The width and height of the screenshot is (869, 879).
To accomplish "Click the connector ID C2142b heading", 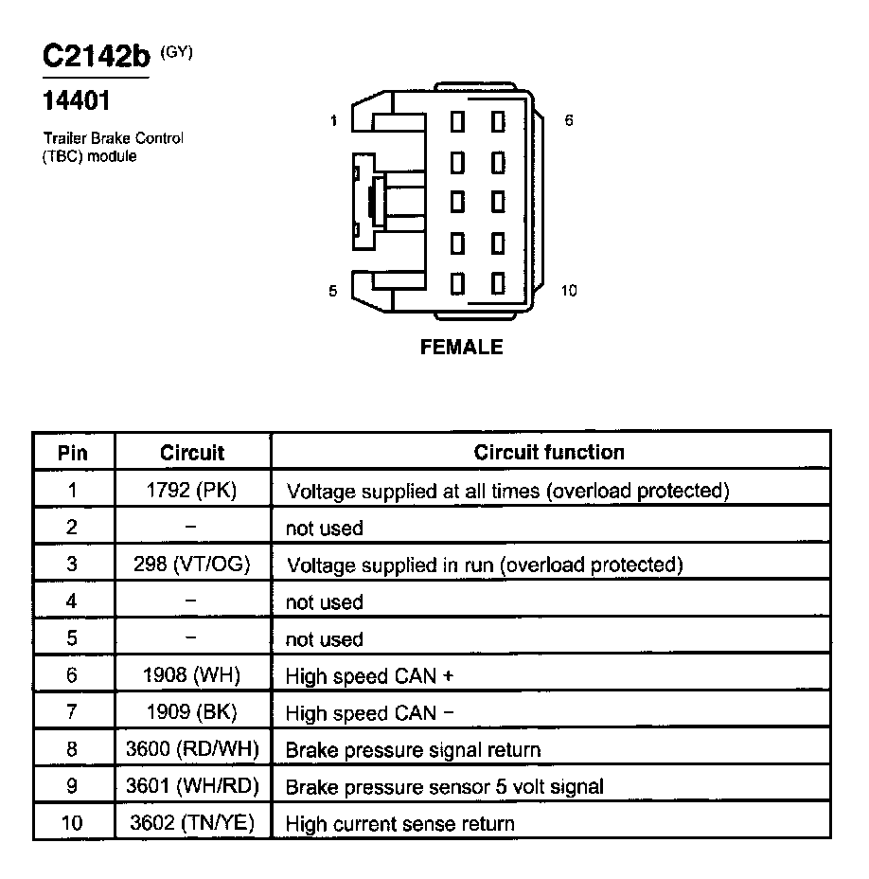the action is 97,58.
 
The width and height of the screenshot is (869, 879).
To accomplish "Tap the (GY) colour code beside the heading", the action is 177,53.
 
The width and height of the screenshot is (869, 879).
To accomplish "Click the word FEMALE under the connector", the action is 461,348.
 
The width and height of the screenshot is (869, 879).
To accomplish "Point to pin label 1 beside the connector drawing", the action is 333,121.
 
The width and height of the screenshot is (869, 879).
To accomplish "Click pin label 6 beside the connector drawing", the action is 568,121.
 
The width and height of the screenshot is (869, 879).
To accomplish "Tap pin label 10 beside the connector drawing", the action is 568,291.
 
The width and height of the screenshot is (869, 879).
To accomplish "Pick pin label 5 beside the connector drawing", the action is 333,291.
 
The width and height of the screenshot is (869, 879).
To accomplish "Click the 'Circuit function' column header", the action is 549,452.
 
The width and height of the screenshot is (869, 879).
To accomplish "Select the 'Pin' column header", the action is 73,453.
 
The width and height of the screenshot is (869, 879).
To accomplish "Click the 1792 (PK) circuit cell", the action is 192,491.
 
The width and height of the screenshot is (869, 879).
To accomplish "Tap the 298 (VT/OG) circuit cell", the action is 192,565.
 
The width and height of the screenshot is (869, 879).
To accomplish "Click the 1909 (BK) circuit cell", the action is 192,712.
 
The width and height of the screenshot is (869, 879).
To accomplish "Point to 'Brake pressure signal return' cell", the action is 414,750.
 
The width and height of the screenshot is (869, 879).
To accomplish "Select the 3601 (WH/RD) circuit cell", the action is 192,786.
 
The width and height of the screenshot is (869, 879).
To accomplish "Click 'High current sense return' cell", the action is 400,823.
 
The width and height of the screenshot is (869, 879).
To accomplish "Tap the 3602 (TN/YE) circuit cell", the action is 192,823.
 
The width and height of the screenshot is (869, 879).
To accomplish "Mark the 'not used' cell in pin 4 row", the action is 324,602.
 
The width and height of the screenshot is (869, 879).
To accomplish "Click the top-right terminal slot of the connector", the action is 498,122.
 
